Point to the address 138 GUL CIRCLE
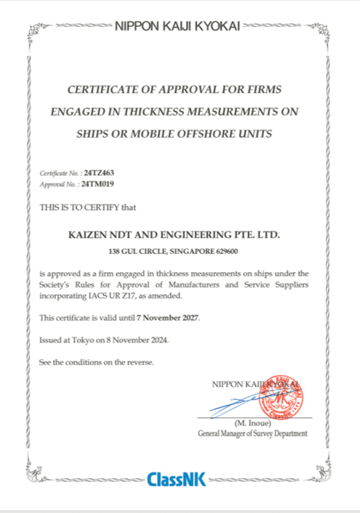coord(137,251)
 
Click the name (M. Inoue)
coord(253,423)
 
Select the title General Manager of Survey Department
coord(252,433)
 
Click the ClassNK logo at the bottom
coord(176,480)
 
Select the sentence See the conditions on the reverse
coord(97,361)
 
